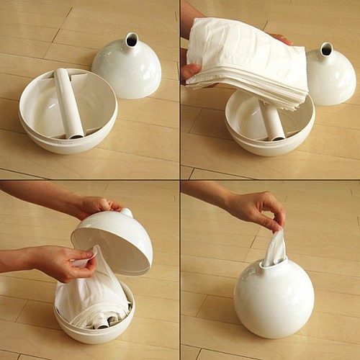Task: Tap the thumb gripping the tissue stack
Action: (x=190, y=71)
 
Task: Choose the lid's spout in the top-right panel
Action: (x=326, y=51)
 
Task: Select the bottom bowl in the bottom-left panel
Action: (x=94, y=324)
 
